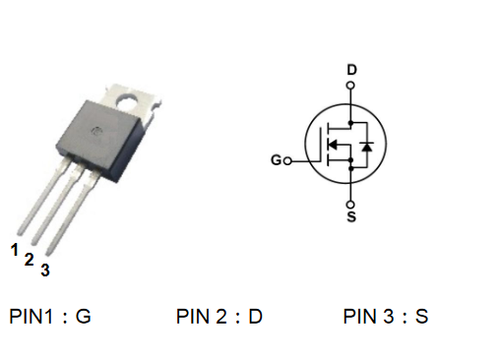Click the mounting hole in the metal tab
[x=127, y=101]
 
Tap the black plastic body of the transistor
[x=100, y=140]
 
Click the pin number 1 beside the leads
[x=15, y=250]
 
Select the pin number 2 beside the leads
[x=30, y=260]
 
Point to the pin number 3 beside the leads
[x=45, y=270]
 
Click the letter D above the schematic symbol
[x=351, y=70]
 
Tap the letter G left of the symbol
[x=277, y=160]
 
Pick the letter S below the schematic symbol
[x=351, y=216]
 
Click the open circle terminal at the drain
[x=350, y=86]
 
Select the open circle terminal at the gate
[x=287, y=161]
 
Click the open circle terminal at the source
[x=350, y=205]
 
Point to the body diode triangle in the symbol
[x=367, y=147]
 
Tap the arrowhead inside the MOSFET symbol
[x=333, y=144]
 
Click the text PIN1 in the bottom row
[x=31, y=317]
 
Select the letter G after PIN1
[x=84, y=317]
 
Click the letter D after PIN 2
[x=256, y=317]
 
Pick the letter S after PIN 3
[x=422, y=317]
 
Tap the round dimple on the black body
[x=96, y=132]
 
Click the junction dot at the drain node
[x=350, y=123]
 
